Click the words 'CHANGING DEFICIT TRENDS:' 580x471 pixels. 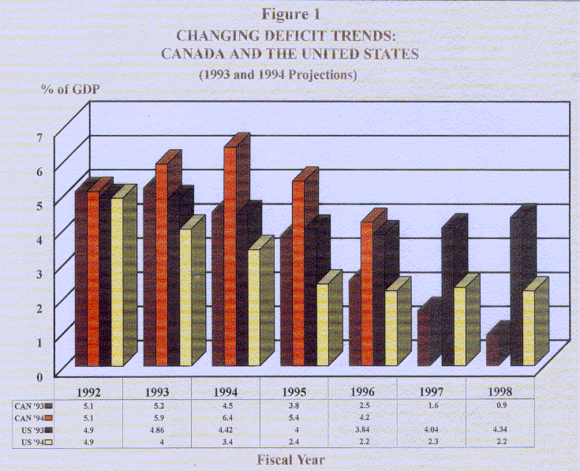[289, 36]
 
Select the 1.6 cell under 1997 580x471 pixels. [432, 405]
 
